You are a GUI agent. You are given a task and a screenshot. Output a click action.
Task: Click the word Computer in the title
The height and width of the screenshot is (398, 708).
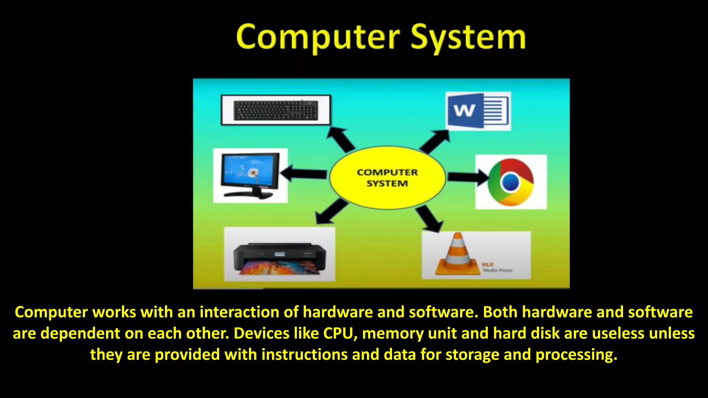point(318,37)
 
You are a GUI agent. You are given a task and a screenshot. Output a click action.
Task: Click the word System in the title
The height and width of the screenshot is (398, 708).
point(468,37)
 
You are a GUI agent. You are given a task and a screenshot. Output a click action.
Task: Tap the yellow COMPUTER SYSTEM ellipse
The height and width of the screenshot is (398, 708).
point(387,178)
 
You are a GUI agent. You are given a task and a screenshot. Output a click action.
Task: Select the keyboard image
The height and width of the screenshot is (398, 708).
point(276,110)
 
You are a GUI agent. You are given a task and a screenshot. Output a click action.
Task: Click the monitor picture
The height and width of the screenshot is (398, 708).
point(250,176)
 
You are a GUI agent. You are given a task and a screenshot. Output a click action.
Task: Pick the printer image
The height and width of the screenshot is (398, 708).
point(279,258)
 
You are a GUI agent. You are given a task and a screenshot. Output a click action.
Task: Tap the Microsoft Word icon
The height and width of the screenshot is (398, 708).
point(478,111)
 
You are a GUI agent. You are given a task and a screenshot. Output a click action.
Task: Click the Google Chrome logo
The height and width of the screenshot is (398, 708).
point(511,182)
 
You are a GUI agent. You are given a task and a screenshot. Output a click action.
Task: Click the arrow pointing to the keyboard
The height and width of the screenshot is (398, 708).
point(340,139)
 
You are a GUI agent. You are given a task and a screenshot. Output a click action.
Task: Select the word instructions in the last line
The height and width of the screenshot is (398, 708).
point(304,354)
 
